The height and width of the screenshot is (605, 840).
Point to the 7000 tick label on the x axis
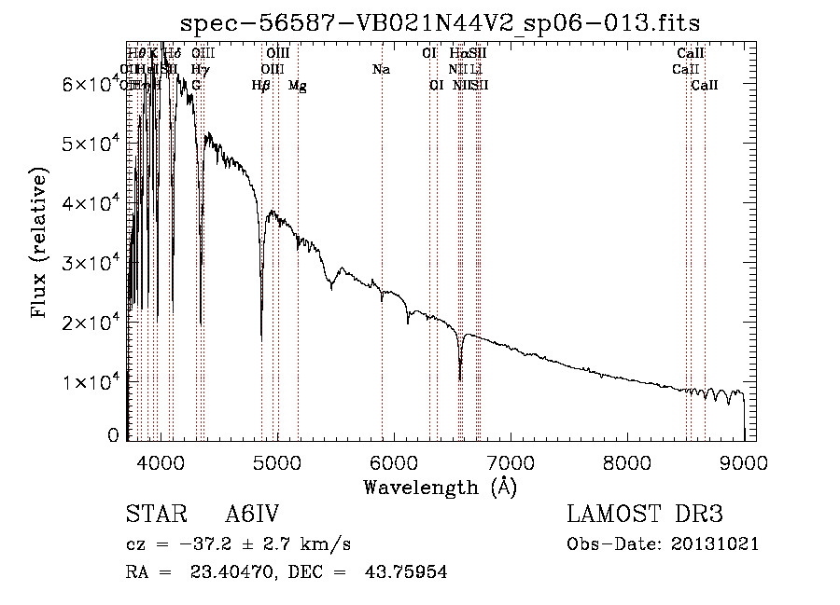[510, 461]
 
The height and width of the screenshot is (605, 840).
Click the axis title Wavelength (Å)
[440, 487]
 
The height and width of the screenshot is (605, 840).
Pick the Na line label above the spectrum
[381, 69]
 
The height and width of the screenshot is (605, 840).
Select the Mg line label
[297, 86]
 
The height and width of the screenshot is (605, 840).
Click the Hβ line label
[261, 86]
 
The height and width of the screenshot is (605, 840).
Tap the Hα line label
[458, 53]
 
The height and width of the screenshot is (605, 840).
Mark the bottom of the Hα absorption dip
[460, 378]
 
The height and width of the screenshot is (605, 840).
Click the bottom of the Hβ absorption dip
[261, 336]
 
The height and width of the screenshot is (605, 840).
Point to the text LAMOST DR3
[645, 515]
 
